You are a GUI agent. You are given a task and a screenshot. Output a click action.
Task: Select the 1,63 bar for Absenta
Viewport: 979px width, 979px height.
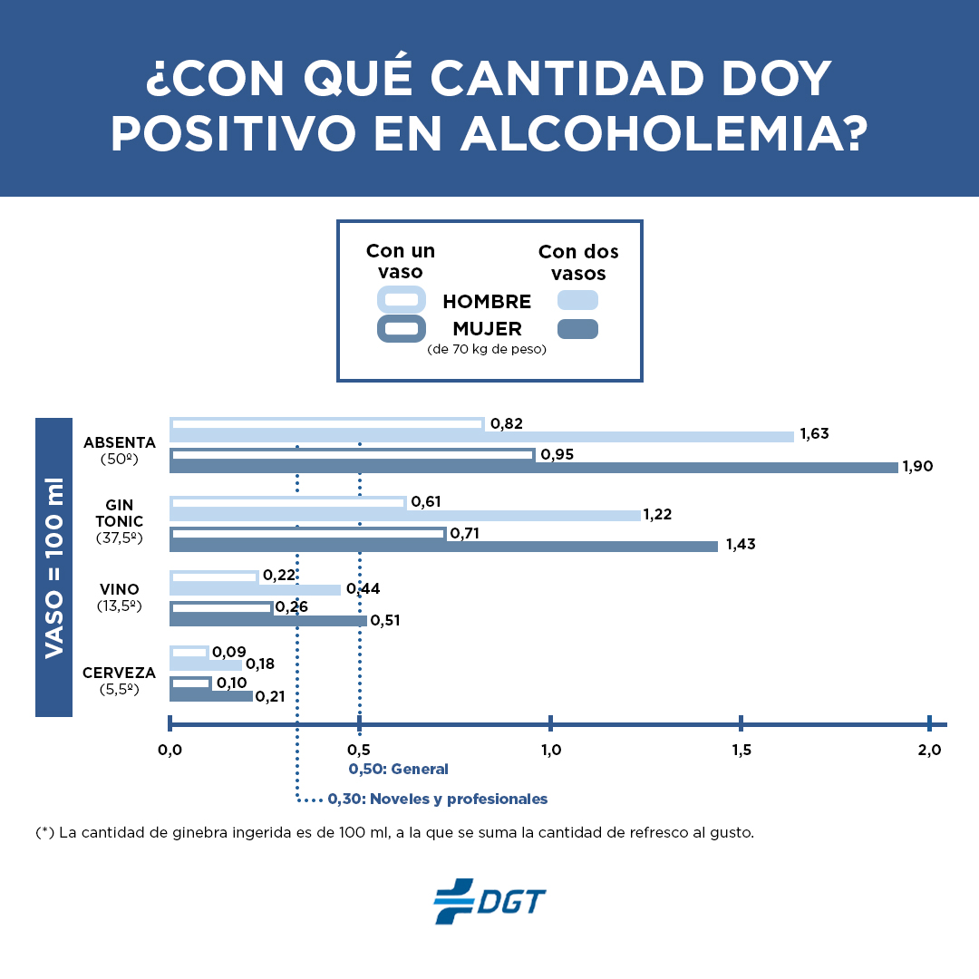click(481, 436)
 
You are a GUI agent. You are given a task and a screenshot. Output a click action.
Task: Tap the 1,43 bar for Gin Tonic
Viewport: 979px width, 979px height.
click(443, 546)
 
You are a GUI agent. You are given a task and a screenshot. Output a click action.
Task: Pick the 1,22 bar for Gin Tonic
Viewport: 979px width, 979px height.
click(404, 515)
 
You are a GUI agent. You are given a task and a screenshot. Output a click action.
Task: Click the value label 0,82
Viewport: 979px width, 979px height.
click(507, 423)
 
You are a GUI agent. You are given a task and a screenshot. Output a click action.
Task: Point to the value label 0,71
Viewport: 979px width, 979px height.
click(465, 533)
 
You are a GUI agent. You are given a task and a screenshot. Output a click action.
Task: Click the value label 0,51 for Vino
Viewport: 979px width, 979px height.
click(385, 621)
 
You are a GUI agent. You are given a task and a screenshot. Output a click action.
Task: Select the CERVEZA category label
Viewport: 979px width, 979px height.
click(119, 674)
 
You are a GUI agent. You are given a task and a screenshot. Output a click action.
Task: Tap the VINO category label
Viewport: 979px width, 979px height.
click(119, 590)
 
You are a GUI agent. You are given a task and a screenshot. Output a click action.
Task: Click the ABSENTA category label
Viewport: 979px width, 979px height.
click(119, 443)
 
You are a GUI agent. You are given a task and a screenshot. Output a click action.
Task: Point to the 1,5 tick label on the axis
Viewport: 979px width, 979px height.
click(741, 751)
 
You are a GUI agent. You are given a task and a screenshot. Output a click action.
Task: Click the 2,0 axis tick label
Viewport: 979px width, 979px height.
click(930, 751)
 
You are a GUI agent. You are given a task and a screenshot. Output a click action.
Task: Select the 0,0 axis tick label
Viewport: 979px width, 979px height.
click(170, 751)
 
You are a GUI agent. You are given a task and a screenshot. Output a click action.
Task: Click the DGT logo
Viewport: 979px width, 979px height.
click(489, 901)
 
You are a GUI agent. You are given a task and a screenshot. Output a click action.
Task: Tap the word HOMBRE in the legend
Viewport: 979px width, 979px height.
click(487, 302)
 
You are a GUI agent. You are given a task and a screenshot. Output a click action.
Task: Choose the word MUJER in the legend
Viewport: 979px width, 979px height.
click(487, 329)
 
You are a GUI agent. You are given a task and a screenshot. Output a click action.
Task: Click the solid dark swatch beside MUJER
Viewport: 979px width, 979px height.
click(577, 329)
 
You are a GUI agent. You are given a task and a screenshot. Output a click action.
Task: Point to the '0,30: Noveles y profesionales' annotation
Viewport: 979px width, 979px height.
click(438, 800)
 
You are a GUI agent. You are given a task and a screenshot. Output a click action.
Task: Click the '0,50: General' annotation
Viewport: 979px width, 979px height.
click(399, 769)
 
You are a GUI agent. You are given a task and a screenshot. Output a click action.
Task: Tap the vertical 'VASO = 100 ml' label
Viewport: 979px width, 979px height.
click(53, 567)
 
